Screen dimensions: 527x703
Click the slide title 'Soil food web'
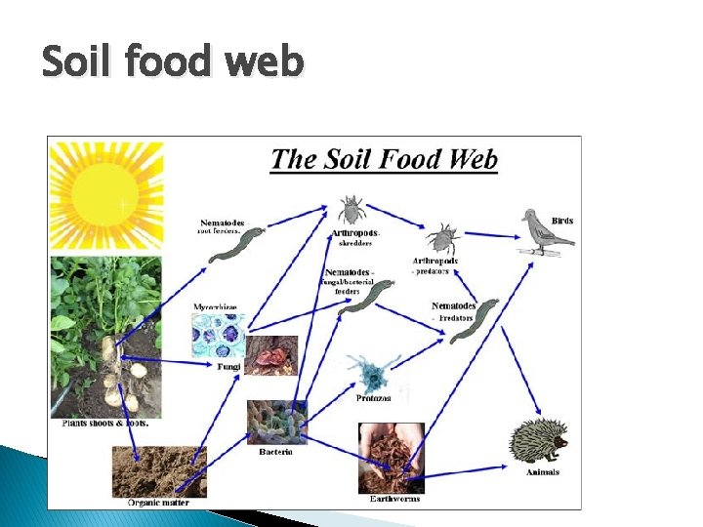(x=173, y=63)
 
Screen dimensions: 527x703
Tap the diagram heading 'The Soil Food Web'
(x=384, y=159)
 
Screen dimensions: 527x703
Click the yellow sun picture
(x=106, y=197)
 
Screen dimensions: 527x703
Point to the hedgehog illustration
(x=538, y=441)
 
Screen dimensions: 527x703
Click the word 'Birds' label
(x=562, y=221)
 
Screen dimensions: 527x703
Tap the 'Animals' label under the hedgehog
(x=542, y=472)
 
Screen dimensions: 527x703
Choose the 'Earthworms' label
(x=394, y=498)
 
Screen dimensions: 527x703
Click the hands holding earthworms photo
(x=392, y=457)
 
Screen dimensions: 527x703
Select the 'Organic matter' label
(x=158, y=502)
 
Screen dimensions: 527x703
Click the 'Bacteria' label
(x=276, y=451)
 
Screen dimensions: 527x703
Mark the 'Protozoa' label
(x=373, y=397)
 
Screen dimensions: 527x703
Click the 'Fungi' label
(x=227, y=366)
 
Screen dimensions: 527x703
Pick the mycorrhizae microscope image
(x=217, y=334)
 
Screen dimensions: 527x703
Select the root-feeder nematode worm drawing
(x=234, y=246)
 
